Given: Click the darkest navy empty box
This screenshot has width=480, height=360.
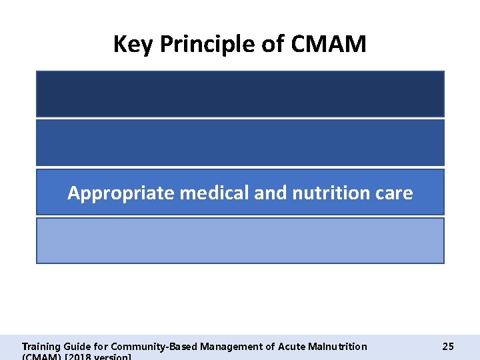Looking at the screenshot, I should pos(240,94).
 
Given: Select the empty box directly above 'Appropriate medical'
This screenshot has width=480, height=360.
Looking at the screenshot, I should pos(240,143).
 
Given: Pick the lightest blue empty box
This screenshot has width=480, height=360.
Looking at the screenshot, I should pos(240,241).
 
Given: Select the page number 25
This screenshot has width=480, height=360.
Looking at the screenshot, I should pos(448,346).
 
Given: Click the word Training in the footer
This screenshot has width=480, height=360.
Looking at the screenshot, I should pos(41,347).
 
